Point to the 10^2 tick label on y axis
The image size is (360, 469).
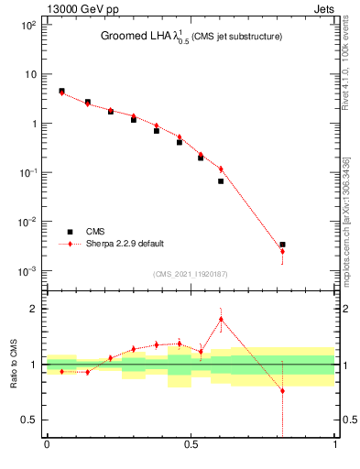28,25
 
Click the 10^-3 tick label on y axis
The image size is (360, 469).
28,271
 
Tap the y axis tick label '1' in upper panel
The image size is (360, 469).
33,124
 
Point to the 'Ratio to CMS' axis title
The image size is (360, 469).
14,364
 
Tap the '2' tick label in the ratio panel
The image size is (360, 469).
34,309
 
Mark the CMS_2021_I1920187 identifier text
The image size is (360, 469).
190,274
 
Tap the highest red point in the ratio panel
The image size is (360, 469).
221,319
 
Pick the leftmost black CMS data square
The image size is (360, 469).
61,91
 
